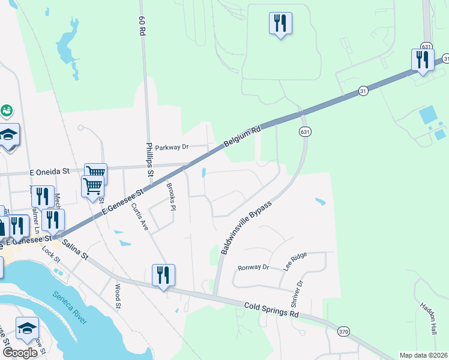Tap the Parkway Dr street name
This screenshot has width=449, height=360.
172,147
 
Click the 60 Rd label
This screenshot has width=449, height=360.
142,27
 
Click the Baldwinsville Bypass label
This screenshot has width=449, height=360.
246,227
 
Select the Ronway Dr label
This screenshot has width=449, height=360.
254,268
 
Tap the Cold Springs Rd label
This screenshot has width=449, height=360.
271,310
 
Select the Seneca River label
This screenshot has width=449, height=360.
69,307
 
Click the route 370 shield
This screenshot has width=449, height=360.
343,331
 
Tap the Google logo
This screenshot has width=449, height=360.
20,353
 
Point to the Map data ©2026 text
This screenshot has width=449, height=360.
423,355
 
